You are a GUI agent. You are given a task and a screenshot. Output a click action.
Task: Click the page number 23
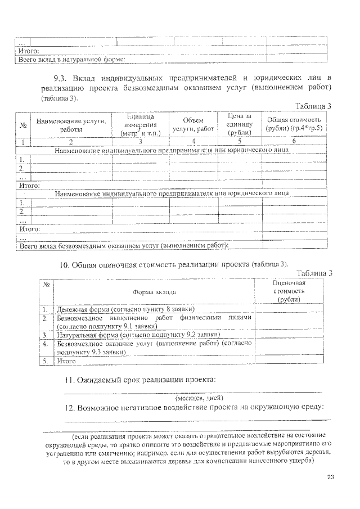(x=330, y=478)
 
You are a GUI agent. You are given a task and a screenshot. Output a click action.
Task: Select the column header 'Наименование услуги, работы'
(x=71, y=125)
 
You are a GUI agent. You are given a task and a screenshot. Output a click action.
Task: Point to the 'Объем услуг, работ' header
(x=193, y=125)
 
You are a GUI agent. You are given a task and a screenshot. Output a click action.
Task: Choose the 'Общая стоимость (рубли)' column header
(x=294, y=125)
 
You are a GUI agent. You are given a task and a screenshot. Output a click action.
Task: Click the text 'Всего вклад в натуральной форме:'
(x=71, y=58)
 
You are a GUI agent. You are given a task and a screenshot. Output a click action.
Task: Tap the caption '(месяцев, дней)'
(x=193, y=397)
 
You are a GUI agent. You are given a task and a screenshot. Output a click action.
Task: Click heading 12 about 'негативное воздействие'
(x=193, y=407)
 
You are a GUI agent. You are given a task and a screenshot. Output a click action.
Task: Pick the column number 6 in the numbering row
(x=294, y=142)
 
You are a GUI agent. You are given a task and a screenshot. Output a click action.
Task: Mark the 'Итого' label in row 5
(x=66, y=361)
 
